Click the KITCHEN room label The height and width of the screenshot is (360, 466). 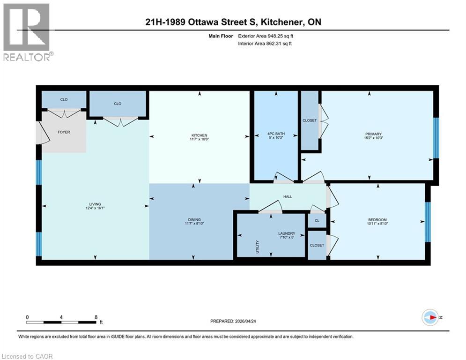coord(199,135)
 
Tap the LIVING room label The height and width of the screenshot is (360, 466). coord(95,204)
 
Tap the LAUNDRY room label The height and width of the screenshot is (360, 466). coord(286,233)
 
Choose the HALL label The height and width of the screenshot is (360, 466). coord(288,196)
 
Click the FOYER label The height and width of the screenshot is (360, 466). coord(64,132)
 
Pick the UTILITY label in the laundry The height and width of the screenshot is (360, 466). coord(257,247)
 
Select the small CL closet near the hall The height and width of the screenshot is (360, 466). coord(317,220)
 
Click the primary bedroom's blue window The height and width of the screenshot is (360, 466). coord(436,138)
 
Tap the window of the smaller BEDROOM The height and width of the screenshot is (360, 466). coord(427,222)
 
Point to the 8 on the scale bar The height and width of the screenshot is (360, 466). coord(96,317)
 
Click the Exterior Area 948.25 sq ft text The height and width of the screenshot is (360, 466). coord(266,36)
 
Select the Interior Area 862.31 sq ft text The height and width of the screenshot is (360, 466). coord(266,44)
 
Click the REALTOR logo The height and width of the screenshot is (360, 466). coord(27,32)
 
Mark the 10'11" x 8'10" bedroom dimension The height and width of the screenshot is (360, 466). coord(377,224)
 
